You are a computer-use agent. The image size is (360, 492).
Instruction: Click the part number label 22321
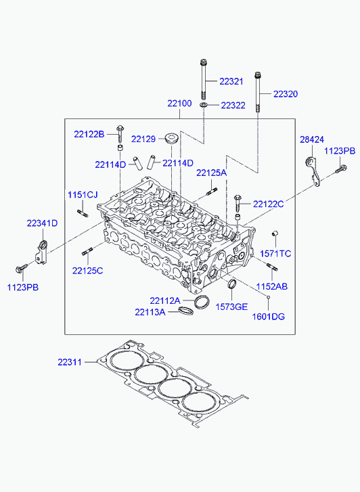pyautogui.click(x=231, y=82)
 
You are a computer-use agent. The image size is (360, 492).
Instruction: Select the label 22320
pyautogui.click(x=286, y=94)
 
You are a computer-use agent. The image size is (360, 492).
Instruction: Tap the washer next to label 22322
pyautogui.click(x=204, y=104)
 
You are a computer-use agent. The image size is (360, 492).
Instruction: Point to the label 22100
pyautogui.click(x=179, y=104)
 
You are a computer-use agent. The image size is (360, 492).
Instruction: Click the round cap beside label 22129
pyautogui.click(x=172, y=138)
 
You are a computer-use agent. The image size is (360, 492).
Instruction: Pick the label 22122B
pyautogui.click(x=89, y=134)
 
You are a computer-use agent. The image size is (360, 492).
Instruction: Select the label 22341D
pyautogui.click(x=42, y=223)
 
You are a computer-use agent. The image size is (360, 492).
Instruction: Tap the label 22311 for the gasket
pyautogui.click(x=70, y=362)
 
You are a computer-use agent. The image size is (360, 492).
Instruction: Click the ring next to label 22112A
pyautogui.click(x=201, y=302)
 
